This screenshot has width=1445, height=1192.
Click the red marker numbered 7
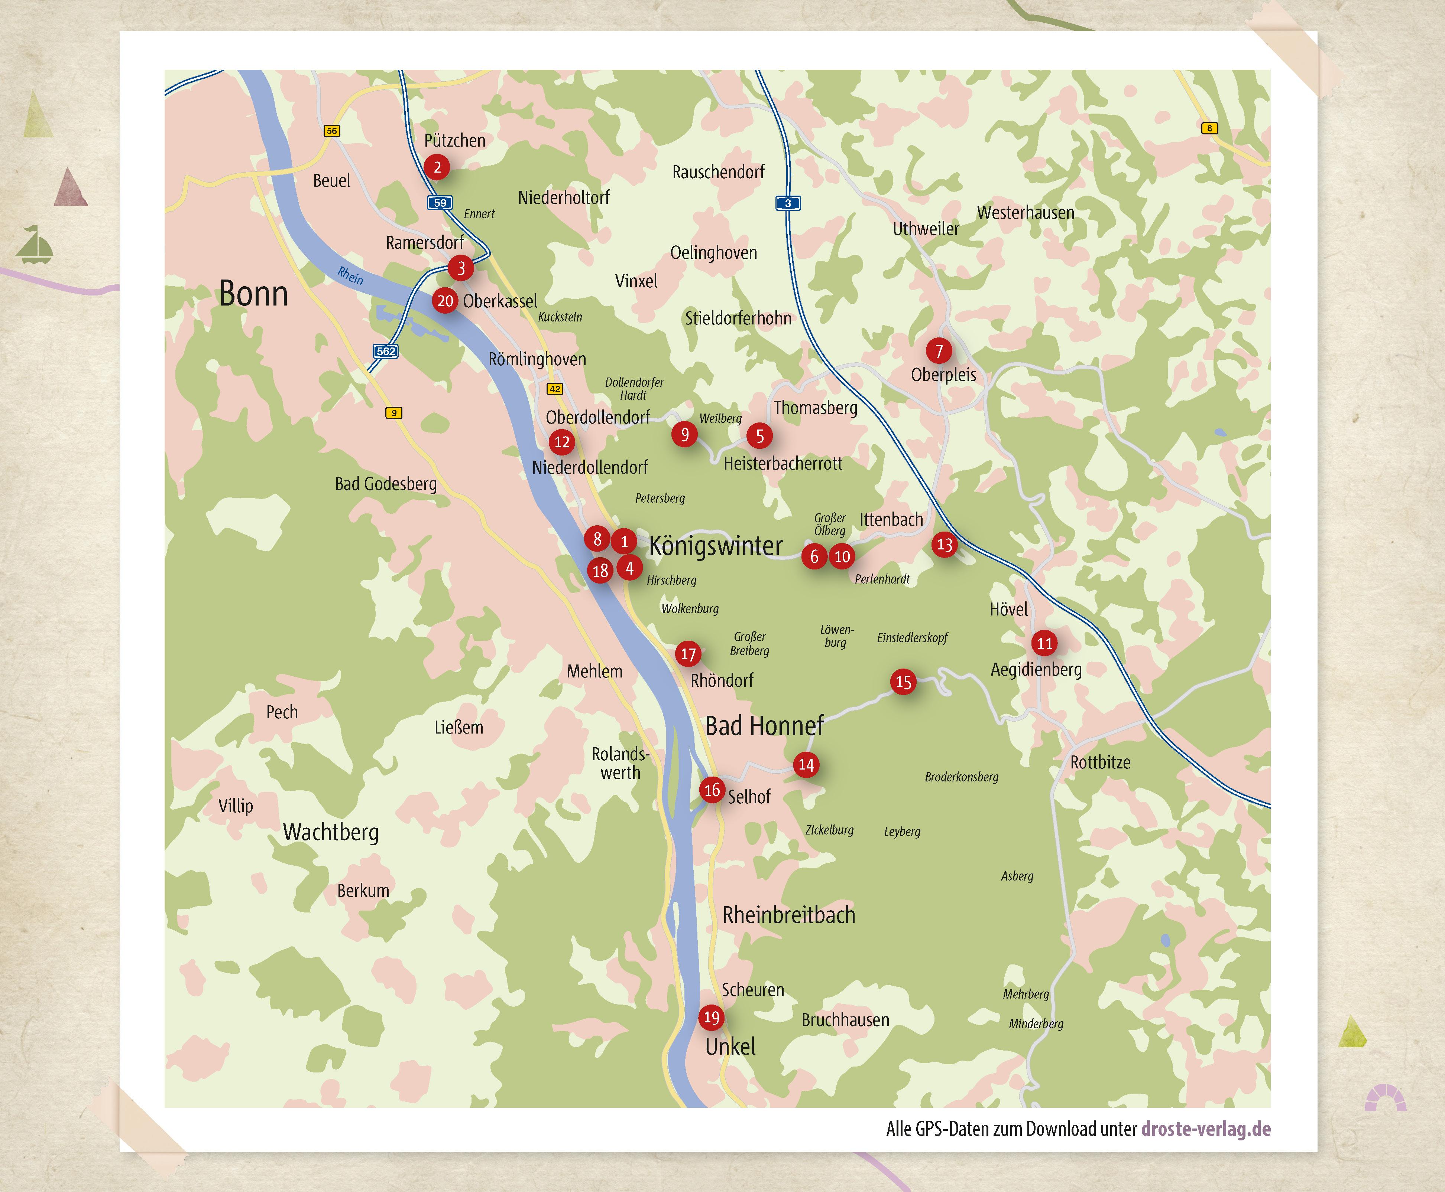click(939, 351)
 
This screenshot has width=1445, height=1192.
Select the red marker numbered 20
click(445, 301)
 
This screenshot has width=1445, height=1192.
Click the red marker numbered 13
click(945, 545)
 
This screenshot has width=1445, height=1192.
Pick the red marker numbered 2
click(437, 167)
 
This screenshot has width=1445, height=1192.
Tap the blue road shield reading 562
click(385, 351)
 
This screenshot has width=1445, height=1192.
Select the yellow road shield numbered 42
click(554, 389)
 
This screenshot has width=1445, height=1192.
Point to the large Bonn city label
click(253, 294)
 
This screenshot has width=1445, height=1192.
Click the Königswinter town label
click(715, 546)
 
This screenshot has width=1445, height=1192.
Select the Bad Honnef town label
click(764, 726)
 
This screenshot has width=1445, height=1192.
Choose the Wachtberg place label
click(330, 832)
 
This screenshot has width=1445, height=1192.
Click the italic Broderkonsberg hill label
click(961, 777)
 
